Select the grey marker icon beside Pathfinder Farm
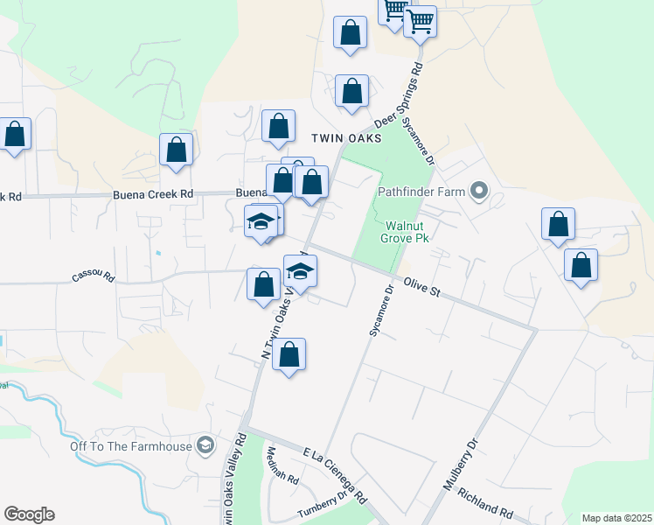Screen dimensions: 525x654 [478, 190]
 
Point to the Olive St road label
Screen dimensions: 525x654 [421, 287]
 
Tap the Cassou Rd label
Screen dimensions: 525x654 [94, 276]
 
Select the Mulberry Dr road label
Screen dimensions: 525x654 [463, 468]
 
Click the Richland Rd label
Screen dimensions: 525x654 [484, 504]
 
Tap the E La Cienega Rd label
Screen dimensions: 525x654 [335, 476]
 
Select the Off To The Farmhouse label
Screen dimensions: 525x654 [131, 446]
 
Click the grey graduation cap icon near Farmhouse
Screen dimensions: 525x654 [205, 446]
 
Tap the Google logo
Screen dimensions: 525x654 [29, 514]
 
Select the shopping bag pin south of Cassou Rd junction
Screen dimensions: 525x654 [289, 355]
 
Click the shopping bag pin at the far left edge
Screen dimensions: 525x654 [15, 135]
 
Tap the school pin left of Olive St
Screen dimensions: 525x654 [300, 272]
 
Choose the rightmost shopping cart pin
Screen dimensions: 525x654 [421, 20]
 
